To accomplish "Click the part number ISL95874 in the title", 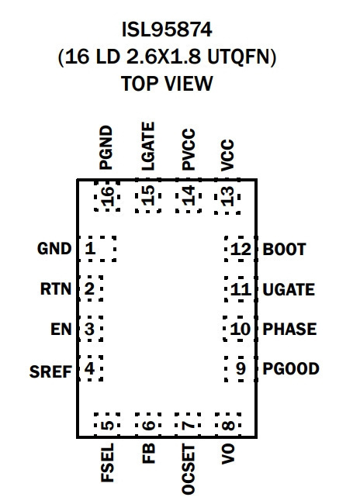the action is point(167,30).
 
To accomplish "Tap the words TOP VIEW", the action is point(167,83).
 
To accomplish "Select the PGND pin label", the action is point(106,147).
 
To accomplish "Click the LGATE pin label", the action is point(148,147).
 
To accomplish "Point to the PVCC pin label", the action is point(189,149).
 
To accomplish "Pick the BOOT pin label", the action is point(284,250).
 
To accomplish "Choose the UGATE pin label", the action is point(289,290).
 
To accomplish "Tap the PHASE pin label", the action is point(289,329).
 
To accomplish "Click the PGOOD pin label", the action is point(291,368).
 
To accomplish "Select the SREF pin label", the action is point(50,372).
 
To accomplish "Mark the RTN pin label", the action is point(56,288).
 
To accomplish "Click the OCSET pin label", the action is point(189,469).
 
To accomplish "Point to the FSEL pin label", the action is point(107,463).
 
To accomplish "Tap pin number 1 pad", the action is point(98,248).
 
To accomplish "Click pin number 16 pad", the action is point(107,195).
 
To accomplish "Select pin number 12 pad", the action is point(241,249).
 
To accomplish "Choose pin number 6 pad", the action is point(148,425).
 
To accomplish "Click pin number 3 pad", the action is point(91,329).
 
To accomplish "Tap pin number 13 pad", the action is point(227,196).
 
